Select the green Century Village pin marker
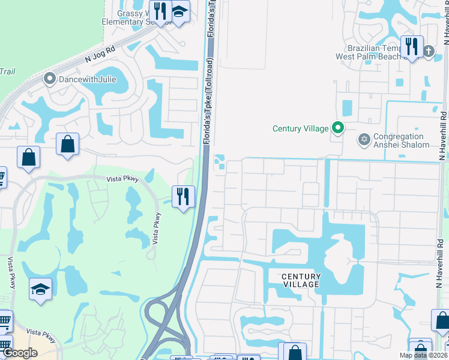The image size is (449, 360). click(x=338, y=128)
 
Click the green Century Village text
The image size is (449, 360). click(x=301, y=128)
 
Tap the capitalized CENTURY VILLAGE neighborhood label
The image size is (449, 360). click(x=301, y=280)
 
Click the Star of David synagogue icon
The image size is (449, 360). click(x=363, y=140)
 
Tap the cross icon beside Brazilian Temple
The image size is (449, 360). click(x=428, y=51)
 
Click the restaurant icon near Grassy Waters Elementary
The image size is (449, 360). click(x=160, y=10)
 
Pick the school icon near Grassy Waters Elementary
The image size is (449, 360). click(x=179, y=11)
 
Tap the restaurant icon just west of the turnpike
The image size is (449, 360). click(x=183, y=196)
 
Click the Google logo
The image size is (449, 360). click(x=20, y=353)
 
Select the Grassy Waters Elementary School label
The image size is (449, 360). click(x=135, y=17)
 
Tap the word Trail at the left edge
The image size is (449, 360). click(x=7, y=71)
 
